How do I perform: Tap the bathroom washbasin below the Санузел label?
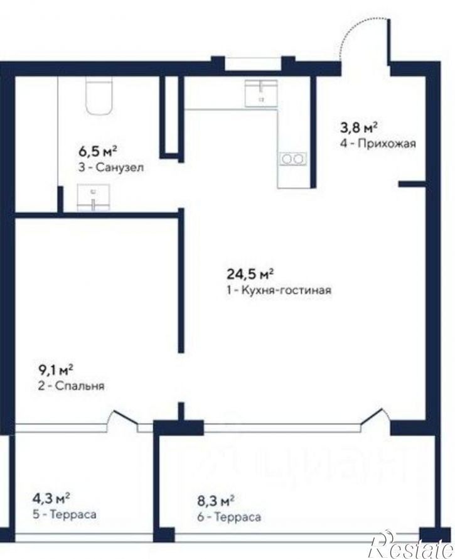(x=94, y=197)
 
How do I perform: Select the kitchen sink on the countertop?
(x=261, y=93)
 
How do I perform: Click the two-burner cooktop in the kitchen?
(x=292, y=159)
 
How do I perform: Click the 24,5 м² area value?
(x=250, y=274)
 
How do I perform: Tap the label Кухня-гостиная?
(x=286, y=290)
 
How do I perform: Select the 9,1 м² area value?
(x=56, y=370)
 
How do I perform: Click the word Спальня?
(x=80, y=386)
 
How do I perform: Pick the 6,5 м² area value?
(x=98, y=151)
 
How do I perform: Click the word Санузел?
(x=120, y=167)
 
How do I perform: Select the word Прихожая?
(x=387, y=143)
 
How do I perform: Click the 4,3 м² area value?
(x=51, y=498)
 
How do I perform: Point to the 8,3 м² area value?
(x=215, y=501)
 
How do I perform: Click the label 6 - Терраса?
(x=229, y=516)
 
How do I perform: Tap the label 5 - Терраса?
(x=64, y=514)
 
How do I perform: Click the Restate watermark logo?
(x=412, y=546)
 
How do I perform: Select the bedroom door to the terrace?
(x=125, y=418)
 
